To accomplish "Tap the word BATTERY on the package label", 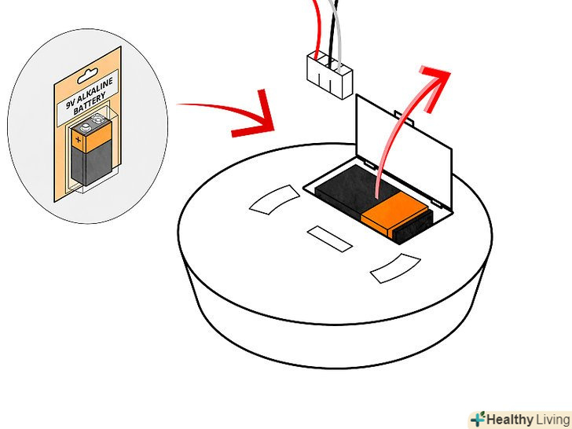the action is pyautogui.click(x=90, y=103).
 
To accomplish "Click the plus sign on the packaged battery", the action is pyautogui.click(x=78, y=139).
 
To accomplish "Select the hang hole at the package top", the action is pyautogui.click(x=87, y=75).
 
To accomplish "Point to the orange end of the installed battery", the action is pyautogui.click(x=394, y=214).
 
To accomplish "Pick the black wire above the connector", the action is pyautogui.click(x=332, y=33).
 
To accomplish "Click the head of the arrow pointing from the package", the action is pyautogui.click(x=255, y=114).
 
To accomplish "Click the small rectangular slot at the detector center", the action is pyautogui.click(x=330, y=239).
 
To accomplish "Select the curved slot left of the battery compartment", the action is pyautogui.click(x=275, y=200).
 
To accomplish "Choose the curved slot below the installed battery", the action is pyautogui.click(x=395, y=269).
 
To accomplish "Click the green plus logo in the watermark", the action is pyautogui.click(x=478, y=419).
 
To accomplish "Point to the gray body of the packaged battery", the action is pyautogui.click(x=91, y=166).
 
